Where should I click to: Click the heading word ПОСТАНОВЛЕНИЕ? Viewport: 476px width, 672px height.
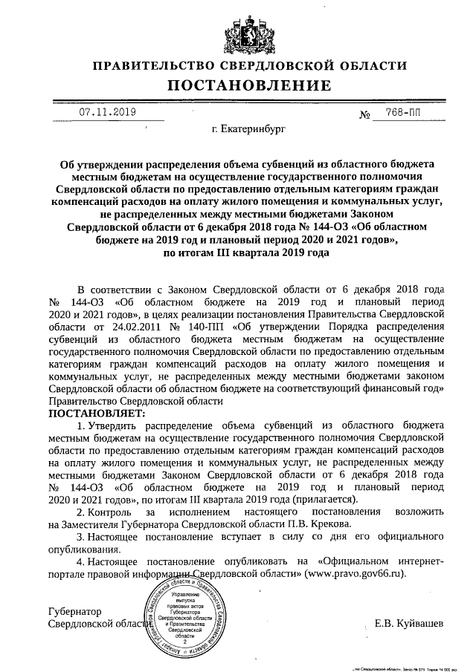[238, 86]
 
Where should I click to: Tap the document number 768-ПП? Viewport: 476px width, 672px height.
[397, 113]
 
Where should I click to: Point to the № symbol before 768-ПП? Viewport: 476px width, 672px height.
[365, 115]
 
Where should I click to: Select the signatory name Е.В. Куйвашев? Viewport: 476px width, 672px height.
[409, 623]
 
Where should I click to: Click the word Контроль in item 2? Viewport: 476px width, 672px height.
[112, 512]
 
